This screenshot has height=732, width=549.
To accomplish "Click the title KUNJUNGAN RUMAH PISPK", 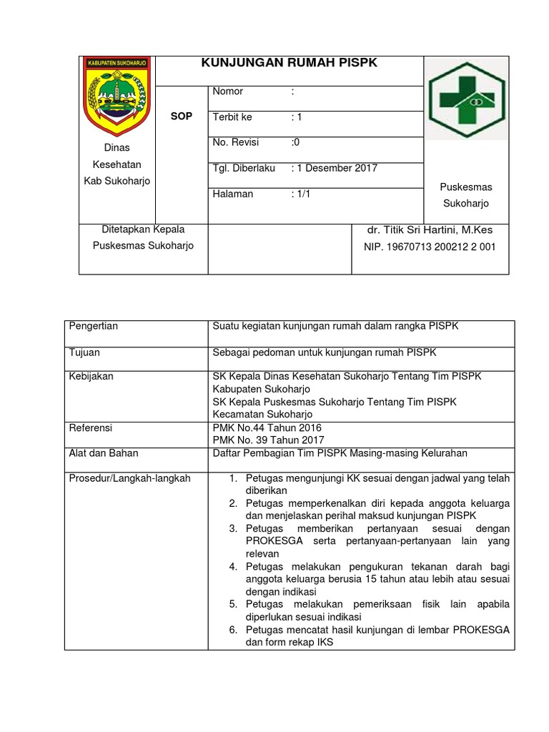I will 290,64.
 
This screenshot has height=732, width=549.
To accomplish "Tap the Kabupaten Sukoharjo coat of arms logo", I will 117,95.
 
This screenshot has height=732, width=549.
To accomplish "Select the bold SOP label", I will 182,116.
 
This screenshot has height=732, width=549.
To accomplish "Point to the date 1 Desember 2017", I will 337,168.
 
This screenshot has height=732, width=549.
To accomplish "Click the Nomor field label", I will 228,91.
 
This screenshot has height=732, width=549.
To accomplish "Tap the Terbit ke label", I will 232,117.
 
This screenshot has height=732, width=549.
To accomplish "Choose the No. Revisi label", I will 234,142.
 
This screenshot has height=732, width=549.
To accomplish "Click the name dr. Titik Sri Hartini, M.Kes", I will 429,230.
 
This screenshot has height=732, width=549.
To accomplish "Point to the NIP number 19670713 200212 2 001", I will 430,247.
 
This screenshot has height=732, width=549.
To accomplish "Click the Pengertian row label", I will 94,326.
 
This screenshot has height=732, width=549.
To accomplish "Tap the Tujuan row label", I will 84,352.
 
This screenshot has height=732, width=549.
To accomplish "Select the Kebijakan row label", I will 91,376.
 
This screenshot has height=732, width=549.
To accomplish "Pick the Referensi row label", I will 91,427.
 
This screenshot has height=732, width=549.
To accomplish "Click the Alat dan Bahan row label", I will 104,452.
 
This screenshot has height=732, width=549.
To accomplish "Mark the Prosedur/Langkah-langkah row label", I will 129,478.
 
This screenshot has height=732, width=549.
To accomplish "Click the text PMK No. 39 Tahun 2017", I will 269,440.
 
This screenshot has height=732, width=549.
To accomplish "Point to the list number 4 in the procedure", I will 233,566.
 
